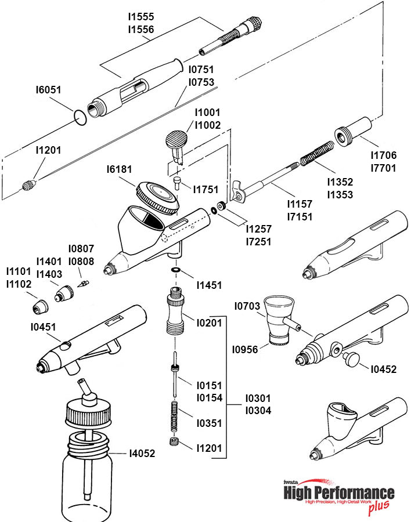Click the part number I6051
click(48, 90)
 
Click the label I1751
click(206, 190)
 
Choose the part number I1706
click(383, 155)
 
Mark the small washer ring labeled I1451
click(175, 270)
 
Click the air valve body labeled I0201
click(174, 312)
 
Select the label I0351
click(209, 423)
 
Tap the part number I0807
click(81, 248)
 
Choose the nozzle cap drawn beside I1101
click(41, 304)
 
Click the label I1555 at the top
click(141, 17)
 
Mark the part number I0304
click(258, 410)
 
